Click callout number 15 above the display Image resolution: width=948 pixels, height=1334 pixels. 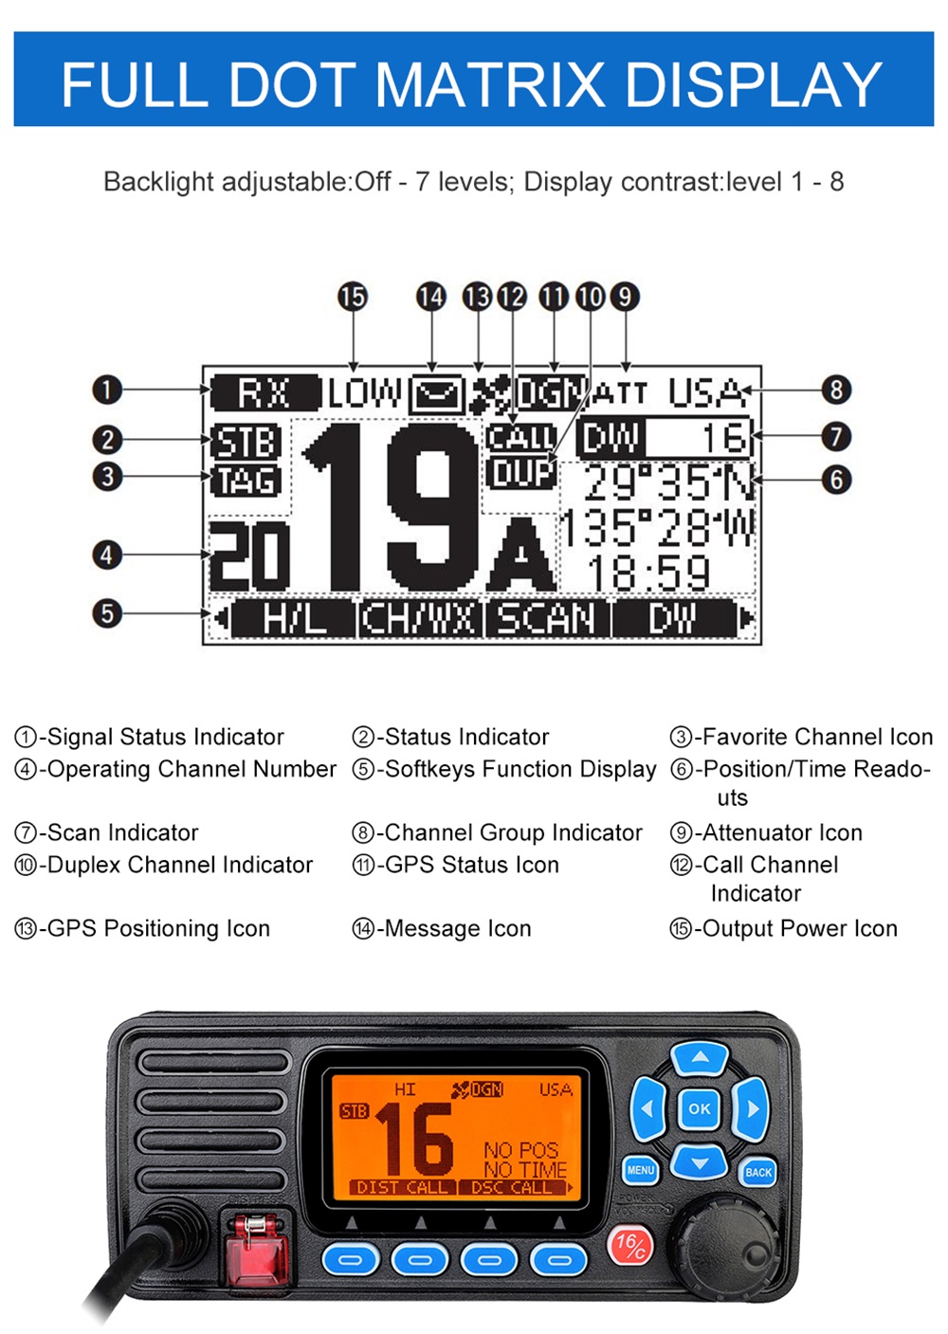353,297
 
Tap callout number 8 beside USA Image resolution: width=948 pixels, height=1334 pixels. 835,390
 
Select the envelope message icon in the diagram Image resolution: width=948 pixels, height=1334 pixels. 436,393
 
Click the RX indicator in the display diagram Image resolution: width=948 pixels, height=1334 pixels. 264,393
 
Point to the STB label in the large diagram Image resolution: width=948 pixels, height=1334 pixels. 246,442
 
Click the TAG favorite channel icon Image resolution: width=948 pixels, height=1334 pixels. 246,481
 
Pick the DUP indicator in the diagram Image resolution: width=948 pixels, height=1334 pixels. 521,472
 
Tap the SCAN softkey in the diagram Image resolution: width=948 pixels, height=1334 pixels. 548,619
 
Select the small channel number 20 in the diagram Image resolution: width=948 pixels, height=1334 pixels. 249,557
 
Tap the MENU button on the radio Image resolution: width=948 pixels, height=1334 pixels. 641,1170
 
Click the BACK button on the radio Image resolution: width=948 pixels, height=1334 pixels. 758,1173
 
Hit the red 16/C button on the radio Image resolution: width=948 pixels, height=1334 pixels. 629,1245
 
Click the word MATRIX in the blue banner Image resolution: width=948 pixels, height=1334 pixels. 489,83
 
